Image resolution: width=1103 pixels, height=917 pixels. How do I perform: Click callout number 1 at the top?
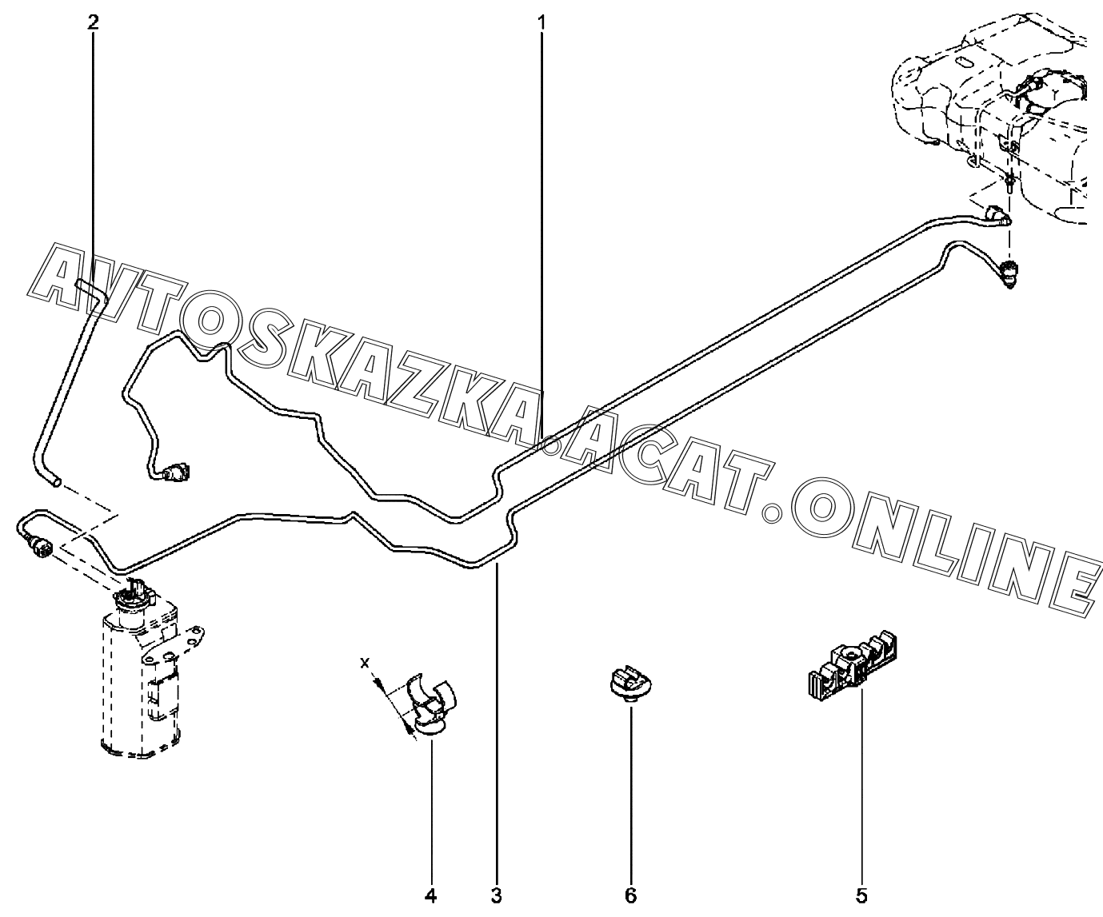542,22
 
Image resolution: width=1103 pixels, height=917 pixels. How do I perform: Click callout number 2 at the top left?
94,22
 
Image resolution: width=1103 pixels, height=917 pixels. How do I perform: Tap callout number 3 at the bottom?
497,895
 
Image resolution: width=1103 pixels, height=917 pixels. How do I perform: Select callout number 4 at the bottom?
430,895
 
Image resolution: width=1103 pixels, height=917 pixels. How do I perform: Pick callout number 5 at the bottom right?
861,895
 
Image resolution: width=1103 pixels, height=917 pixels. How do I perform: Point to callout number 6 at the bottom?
630,895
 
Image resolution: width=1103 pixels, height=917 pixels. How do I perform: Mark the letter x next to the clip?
365,663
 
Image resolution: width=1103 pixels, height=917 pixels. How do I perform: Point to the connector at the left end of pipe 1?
174,473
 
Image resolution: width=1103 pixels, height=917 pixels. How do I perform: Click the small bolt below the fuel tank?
1009,184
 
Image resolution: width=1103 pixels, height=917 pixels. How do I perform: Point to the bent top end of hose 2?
88,285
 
